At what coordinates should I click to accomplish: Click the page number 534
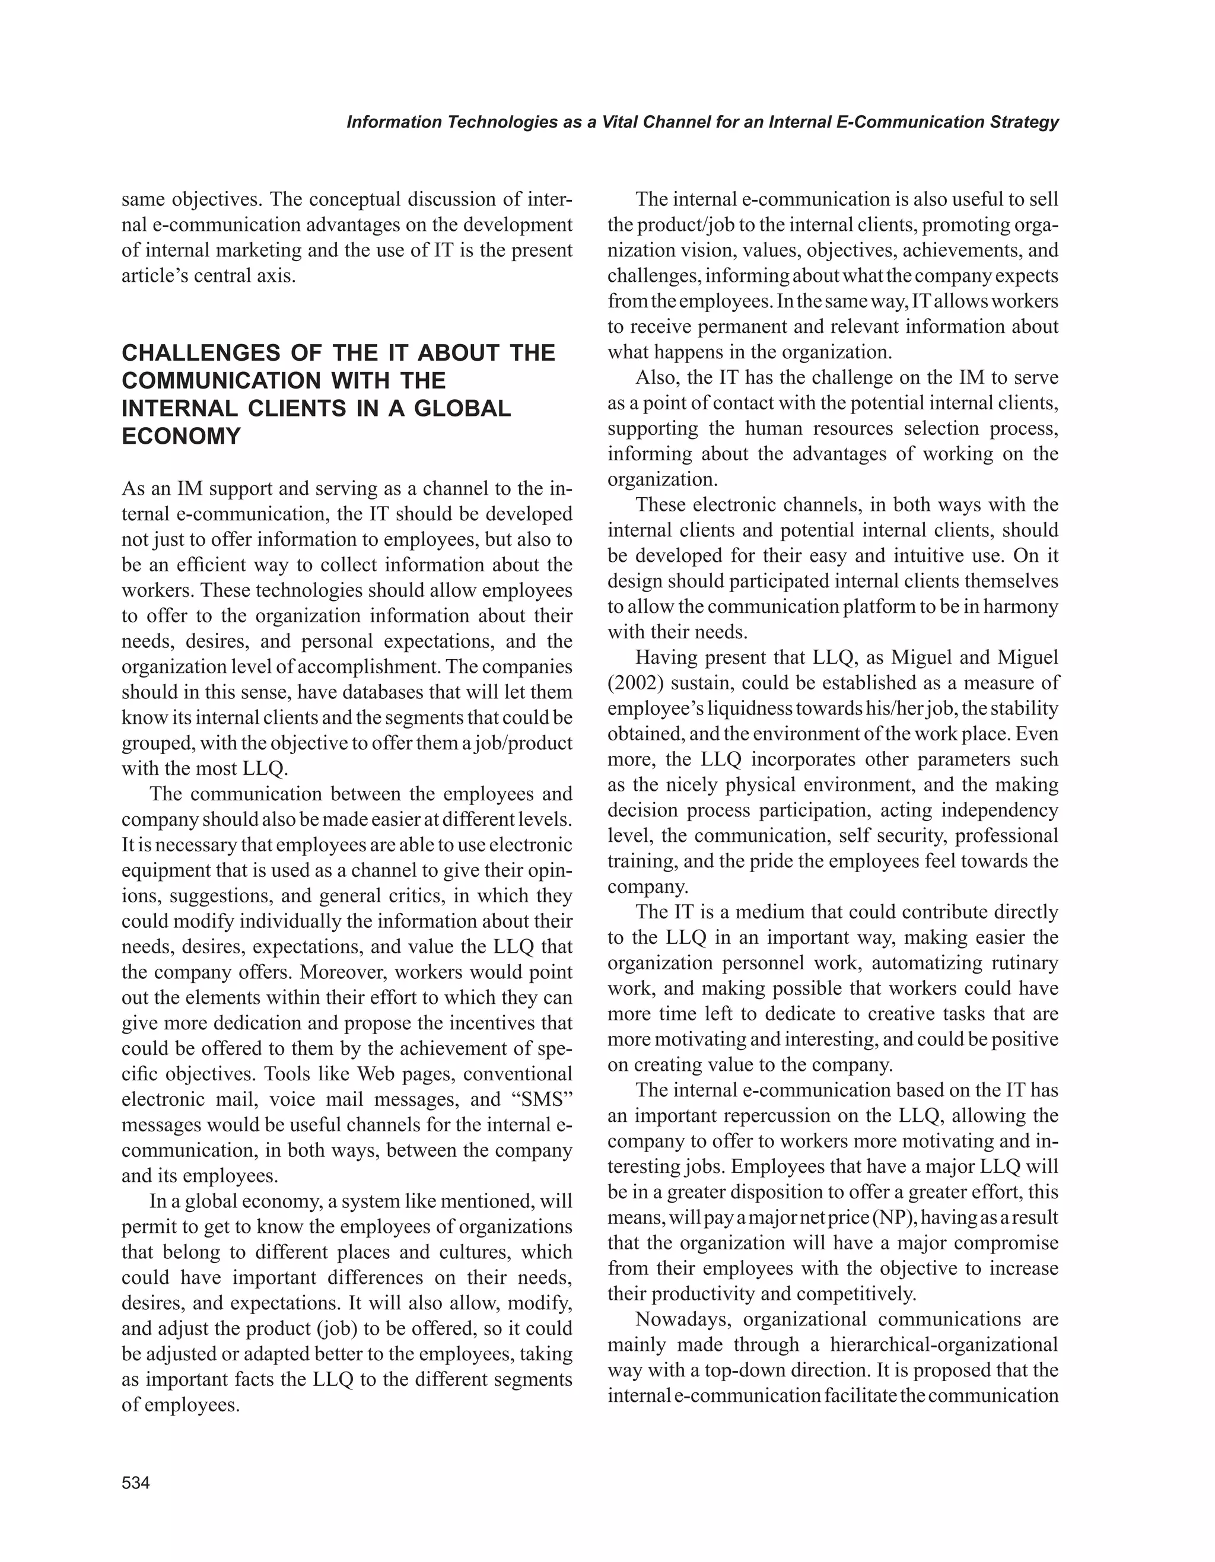tap(136, 1483)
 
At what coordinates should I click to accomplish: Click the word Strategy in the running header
tap(1024, 122)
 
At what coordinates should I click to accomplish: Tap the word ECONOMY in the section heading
tap(182, 436)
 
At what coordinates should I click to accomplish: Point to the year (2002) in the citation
tap(636, 683)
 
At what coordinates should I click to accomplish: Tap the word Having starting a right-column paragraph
tap(668, 657)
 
